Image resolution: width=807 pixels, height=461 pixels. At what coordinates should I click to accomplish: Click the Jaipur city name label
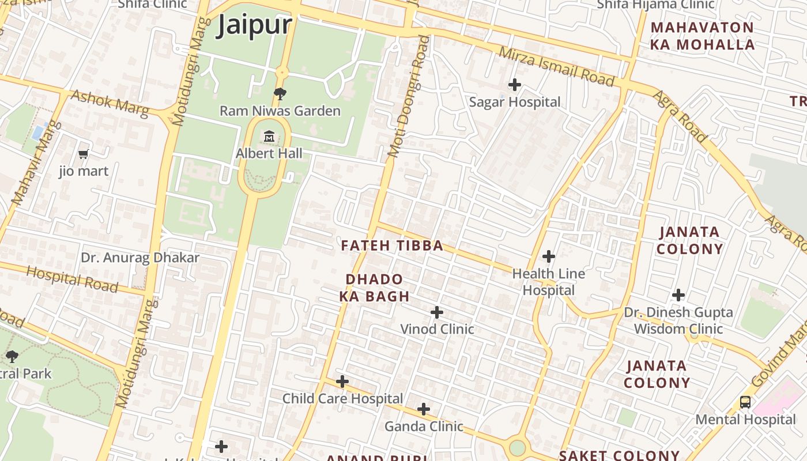(x=254, y=26)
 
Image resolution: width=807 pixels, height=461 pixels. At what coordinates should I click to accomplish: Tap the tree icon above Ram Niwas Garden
(x=280, y=93)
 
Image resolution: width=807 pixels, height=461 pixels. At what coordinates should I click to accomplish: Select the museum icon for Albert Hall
(x=269, y=137)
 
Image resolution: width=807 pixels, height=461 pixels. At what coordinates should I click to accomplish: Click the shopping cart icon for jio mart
(x=84, y=154)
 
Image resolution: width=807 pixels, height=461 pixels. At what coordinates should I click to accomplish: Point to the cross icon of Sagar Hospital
(x=514, y=85)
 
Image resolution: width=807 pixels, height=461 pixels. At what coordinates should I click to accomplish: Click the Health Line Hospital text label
(x=548, y=282)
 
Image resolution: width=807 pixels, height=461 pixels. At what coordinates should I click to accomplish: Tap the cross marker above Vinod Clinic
(x=437, y=312)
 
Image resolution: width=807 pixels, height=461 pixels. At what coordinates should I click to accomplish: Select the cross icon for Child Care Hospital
(x=342, y=381)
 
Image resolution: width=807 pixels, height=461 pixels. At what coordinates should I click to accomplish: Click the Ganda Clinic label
(x=424, y=426)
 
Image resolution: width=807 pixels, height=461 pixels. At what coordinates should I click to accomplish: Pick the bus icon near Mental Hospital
(x=745, y=402)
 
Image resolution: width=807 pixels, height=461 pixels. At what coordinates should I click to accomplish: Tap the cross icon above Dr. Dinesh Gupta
(x=678, y=295)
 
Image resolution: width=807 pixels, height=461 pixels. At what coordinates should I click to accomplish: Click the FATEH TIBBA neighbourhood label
(x=392, y=246)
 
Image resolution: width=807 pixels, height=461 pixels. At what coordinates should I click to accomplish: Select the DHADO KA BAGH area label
(x=375, y=288)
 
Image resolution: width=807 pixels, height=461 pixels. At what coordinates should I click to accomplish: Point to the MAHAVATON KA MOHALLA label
(x=702, y=36)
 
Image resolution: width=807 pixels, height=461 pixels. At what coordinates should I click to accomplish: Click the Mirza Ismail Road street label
(x=556, y=66)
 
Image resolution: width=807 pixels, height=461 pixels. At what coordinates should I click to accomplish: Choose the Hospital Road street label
(x=72, y=279)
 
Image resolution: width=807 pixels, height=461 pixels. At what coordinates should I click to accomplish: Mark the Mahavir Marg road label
(x=36, y=163)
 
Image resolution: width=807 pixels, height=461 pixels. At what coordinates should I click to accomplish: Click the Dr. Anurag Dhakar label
(x=140, y=258)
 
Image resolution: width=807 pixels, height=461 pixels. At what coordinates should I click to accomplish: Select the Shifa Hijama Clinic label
(x=655, y=5)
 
